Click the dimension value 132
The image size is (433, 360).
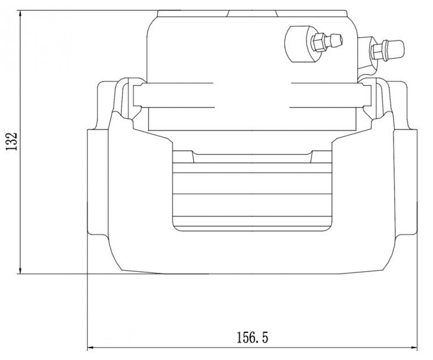click(12, 141)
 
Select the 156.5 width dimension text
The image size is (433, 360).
click(252, 337)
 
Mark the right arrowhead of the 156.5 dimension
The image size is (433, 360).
click(412, 347)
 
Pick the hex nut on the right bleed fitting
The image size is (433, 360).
click(378, 52)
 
